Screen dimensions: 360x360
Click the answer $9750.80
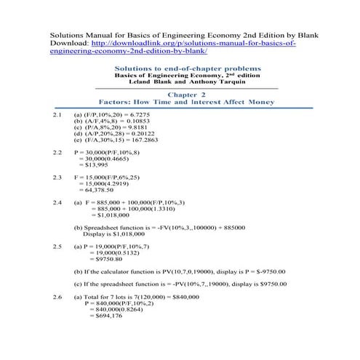[104, 260]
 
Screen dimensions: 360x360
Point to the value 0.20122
[141, 134]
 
